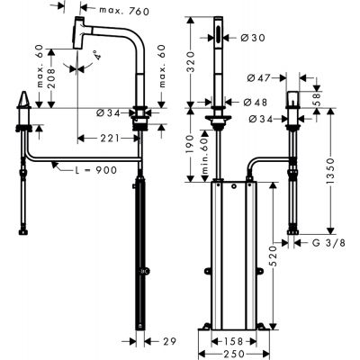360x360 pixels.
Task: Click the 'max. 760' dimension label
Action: (124, 11)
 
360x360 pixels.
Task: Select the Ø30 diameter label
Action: (253, 38)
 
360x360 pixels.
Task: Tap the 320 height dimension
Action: (191, 63)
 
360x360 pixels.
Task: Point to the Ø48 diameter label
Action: (255, 103)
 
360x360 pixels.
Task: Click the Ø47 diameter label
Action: (258, 78)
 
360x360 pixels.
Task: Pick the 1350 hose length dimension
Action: (330, 171)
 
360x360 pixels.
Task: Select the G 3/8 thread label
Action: (328, 242)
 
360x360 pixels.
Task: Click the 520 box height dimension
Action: (273, 256)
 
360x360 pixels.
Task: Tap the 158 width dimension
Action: (234, 341)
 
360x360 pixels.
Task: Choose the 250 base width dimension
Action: (234, 354)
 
